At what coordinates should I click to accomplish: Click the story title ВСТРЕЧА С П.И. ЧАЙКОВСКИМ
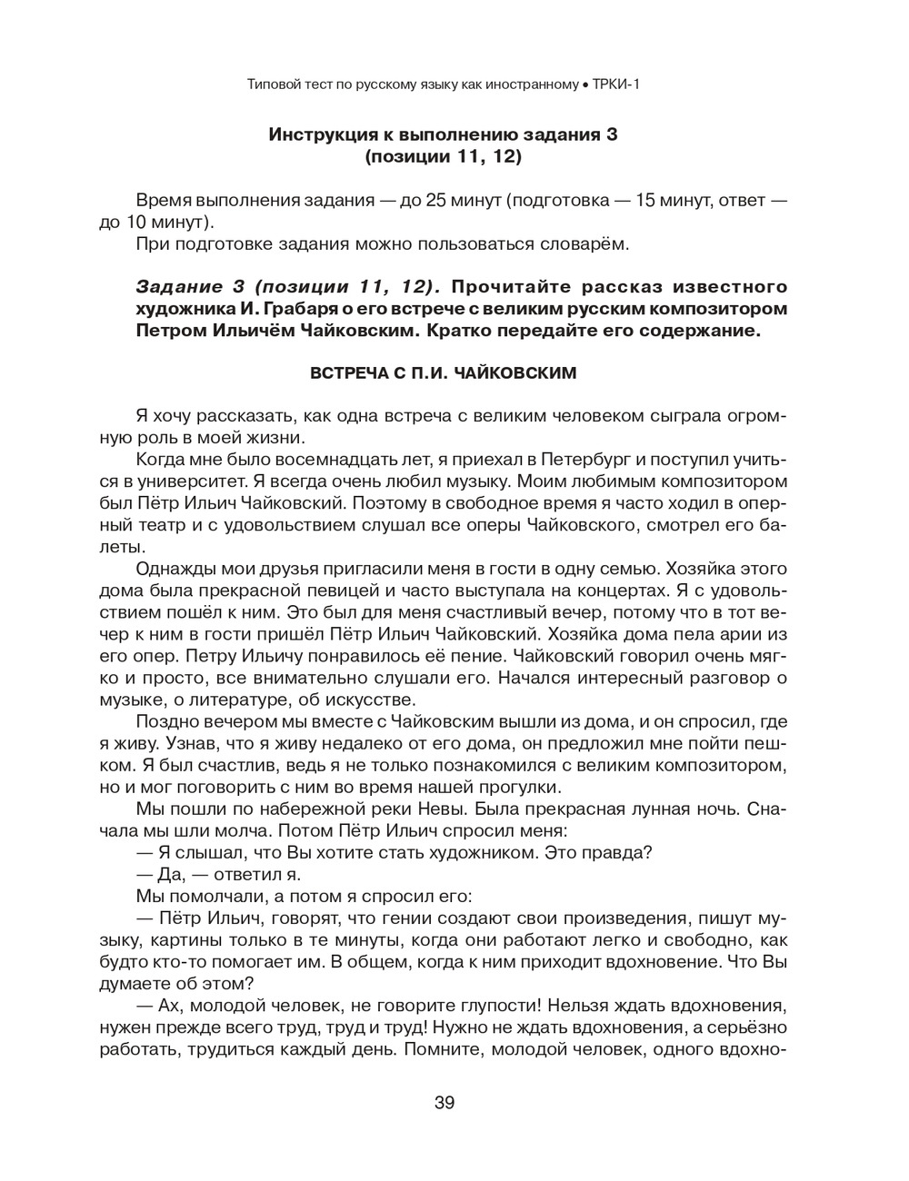(x=445, y=372)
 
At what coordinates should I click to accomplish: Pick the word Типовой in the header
(x=275, y=84)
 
